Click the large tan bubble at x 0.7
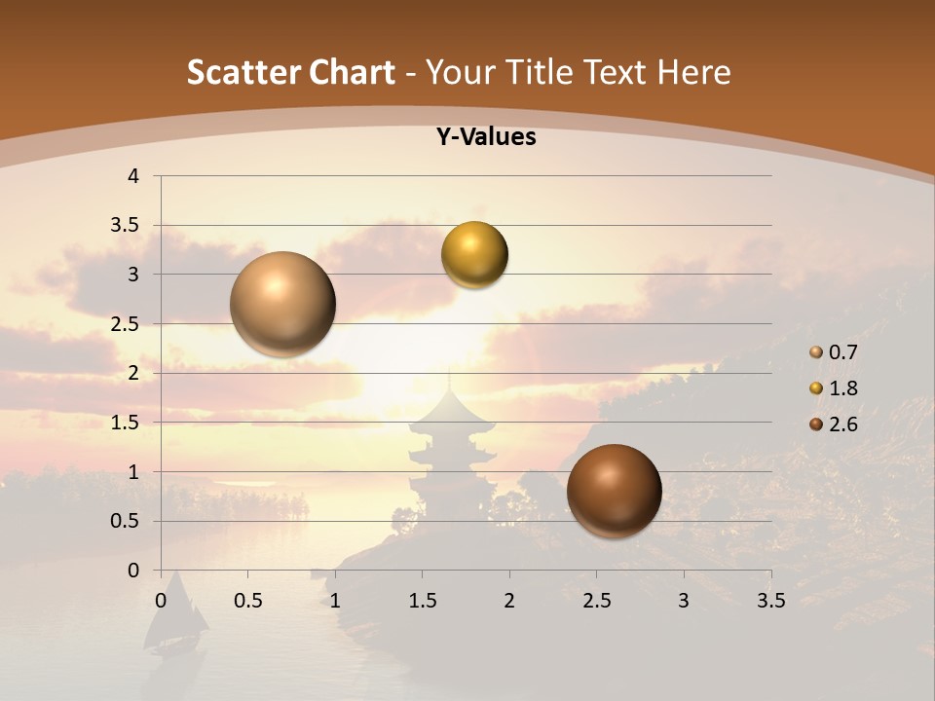click(x=282, y=304)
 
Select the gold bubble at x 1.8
click(x=474, y=255)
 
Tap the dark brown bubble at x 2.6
click(x=614, y=491)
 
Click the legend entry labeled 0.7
click(x=842, y=352)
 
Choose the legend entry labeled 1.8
click(x=842, y=388)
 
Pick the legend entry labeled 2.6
click(x=842, y=424)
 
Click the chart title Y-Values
click(x=486, y=137)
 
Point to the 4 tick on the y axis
click(x=134, y=176)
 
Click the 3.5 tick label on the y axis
click(x=126, y=226)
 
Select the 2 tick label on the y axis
click(x=134, y=374)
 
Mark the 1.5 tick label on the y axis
click(x=126, y=423)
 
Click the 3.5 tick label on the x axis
click(x=770, y=601)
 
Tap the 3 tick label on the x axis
click(x=684, y=601)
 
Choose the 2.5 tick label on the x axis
click(x=596, y=601)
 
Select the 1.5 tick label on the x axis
click(x=422, y=601)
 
